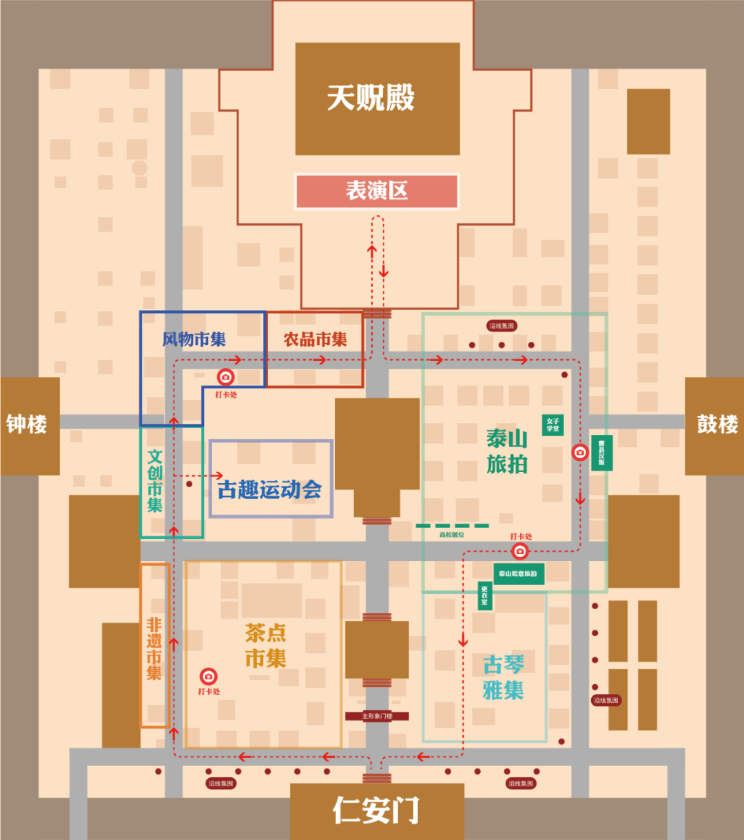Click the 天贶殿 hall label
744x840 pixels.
(371, 98)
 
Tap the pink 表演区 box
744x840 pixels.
(377, 191)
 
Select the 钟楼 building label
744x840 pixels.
(27, 424)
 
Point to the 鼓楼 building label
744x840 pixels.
(717, 424)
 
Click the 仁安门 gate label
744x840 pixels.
(376, 810)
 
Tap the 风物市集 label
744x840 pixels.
(194, 340)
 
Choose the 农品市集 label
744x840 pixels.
(316, 340)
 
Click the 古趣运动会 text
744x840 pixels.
(270, 490)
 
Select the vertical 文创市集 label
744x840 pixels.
(155, 480)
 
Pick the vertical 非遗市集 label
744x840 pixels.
(154, 648)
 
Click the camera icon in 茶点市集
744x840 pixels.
(209, 676)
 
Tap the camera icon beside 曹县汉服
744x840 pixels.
(580, 452)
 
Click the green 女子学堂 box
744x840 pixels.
(553, 424)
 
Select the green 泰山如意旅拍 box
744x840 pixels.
(519, 574)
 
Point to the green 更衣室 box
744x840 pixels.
(485, 595)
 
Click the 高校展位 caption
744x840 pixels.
(452, 535)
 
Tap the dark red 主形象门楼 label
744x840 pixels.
(377, 716)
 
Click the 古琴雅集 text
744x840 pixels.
(504, 677)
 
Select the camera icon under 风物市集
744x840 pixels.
(226, 377)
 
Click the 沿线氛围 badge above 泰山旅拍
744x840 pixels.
(501, 326)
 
